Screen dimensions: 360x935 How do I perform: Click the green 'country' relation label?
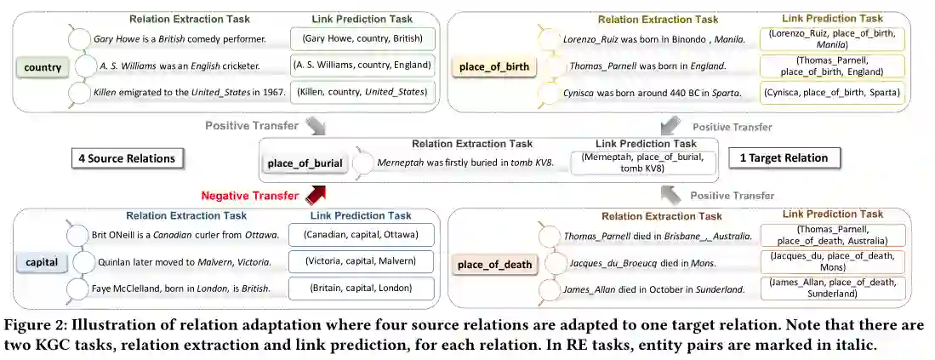pos(43,67)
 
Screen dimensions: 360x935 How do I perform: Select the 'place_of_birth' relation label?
pos(494,67)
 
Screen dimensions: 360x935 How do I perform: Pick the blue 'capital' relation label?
pos(42,262)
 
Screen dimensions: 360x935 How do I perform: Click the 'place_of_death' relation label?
pos(494,265)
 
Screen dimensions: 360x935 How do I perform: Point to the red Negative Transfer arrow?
pos(316,197)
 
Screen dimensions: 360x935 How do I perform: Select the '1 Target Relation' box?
pos(784,157)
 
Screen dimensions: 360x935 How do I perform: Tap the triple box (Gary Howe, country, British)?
pos(362,39)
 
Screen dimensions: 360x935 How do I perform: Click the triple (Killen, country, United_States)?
pos(362,91)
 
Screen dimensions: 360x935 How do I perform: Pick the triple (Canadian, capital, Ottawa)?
pos(362,235)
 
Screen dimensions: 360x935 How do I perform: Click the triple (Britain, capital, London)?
pos(362,289)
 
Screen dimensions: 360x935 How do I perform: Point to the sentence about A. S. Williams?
pos(185,66)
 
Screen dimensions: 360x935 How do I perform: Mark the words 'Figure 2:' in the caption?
pos(34,326)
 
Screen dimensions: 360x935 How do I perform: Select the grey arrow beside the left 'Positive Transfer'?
pos(316,127)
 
